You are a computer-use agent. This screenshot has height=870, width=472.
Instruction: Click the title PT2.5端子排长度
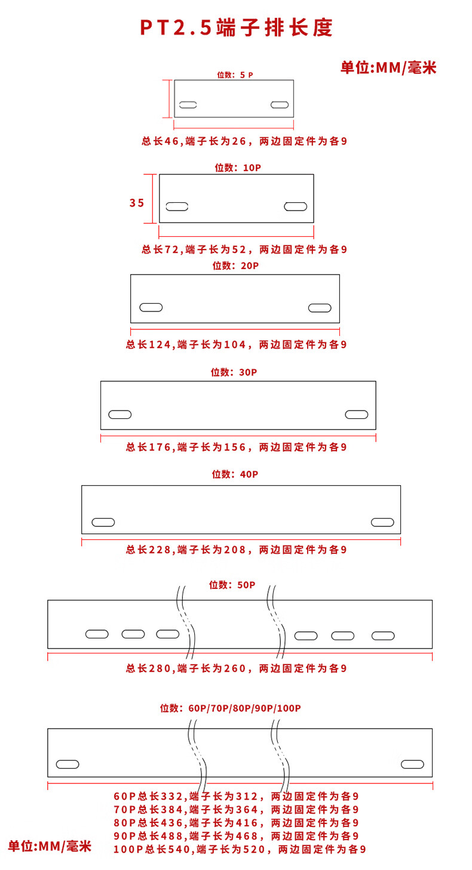236,28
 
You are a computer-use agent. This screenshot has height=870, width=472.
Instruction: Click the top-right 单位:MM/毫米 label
388,67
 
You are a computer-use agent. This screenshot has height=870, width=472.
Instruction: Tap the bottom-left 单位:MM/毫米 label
50,846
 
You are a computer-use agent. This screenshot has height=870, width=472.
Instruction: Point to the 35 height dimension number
137,203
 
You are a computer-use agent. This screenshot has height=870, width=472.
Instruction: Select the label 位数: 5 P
235,75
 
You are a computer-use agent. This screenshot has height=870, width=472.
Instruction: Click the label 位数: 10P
237,168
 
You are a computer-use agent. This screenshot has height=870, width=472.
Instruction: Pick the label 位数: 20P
235,266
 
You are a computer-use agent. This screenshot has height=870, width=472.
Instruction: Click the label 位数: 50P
232,585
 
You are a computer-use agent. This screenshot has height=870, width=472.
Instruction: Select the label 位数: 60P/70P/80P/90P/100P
231,708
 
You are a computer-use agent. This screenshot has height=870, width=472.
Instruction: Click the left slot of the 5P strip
188,104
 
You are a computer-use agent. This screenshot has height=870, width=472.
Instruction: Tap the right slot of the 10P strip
295,206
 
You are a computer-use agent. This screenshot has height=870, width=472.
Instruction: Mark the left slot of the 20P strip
151,307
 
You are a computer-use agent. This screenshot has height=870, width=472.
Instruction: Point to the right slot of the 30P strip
357,414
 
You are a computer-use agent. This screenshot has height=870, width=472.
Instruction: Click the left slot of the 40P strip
103,522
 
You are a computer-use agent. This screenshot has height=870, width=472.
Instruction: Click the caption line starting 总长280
236,668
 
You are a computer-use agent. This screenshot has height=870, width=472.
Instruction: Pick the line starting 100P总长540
240,849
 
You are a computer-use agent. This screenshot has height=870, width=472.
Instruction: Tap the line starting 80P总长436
236,823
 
